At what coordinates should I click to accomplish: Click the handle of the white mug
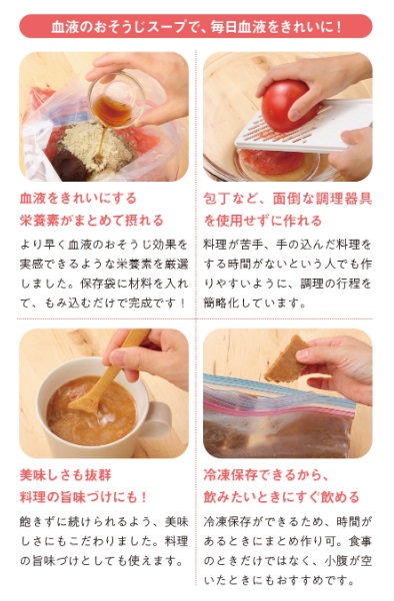[157, 419]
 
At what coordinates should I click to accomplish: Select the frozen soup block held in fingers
[287, 359]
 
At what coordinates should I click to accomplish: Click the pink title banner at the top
[196, 26]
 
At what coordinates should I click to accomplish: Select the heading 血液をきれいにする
[78, 199]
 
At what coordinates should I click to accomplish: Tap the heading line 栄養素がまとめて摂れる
[92, 221]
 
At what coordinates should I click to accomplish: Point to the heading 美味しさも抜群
[66, 475]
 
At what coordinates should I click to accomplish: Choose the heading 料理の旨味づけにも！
[84, 497]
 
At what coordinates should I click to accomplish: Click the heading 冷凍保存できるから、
[267, 475]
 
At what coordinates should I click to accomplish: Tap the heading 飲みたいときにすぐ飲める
[281, 497]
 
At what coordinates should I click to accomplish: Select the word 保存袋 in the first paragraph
[98, 284]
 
